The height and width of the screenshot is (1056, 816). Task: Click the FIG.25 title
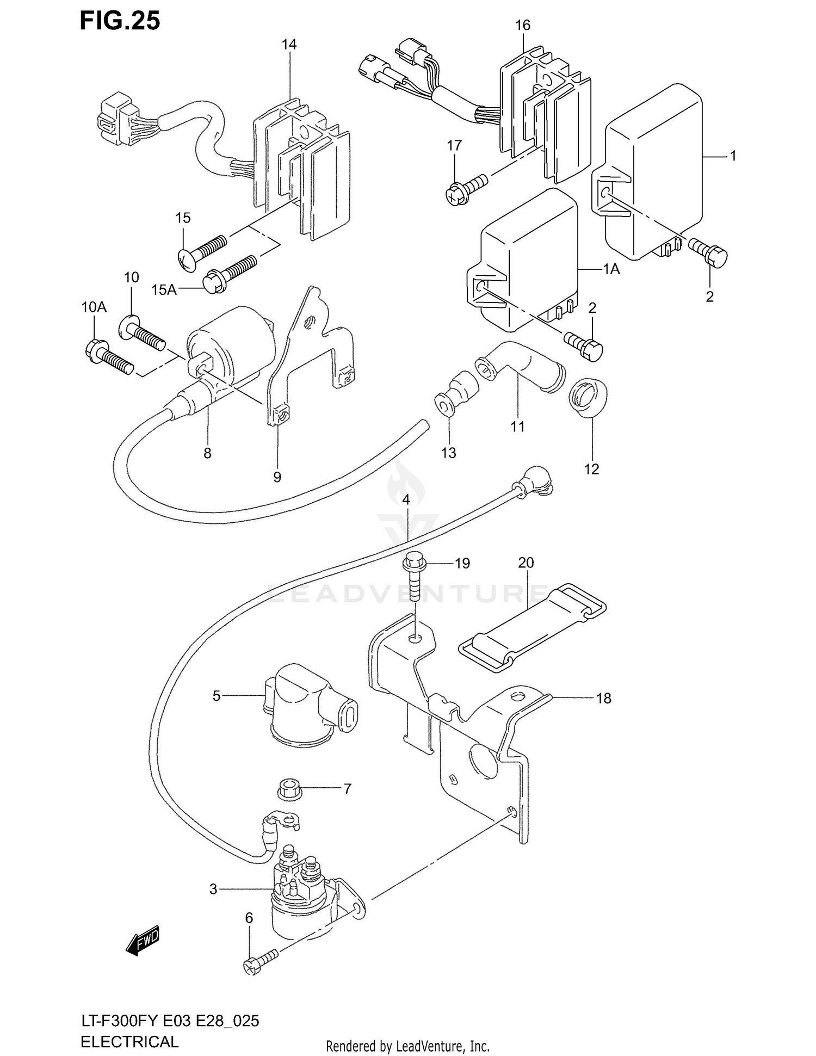120,21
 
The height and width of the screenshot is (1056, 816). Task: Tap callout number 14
289,45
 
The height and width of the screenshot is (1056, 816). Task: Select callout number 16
523,25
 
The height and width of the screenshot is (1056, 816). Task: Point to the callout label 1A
611,269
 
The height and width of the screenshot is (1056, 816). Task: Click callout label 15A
164,290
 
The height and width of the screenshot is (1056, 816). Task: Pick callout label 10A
94,307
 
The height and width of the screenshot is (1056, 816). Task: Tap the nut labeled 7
288,789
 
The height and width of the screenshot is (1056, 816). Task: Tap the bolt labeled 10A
109,356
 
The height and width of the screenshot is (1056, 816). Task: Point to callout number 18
603,698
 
